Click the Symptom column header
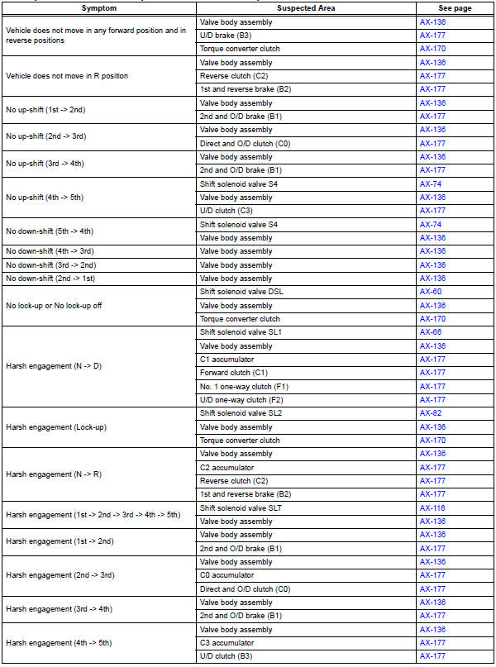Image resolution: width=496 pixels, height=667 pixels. tap(99, 7)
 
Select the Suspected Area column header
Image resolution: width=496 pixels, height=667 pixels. tap(306, 7)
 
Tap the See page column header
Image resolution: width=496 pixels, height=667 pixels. tap(454, 7)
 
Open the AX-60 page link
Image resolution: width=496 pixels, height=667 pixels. tap(432, 292)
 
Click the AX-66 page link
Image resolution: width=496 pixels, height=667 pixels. tap(432, 332)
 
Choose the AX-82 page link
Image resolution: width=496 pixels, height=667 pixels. tap(432, 413)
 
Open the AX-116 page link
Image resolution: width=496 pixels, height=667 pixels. tap(433, 507)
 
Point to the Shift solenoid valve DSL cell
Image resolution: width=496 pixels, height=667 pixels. tap(241, 292)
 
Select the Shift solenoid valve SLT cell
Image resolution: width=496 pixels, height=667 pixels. tap(241, 507)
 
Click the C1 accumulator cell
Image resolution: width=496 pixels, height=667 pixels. tap(227, 360)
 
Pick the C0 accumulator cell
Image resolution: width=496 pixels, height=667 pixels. tap(227, 575)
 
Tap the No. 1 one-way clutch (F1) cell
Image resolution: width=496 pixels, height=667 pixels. tap(243, 386)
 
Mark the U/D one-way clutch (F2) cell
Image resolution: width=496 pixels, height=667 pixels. tap(243, 400)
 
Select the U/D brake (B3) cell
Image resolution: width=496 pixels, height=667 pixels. tap(227, 36)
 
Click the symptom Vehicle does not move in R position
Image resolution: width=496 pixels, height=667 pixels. tap(66, 76)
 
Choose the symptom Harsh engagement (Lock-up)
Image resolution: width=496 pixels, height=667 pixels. tap(56, 426)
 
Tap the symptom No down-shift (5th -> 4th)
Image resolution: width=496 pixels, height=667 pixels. tap(50, 231)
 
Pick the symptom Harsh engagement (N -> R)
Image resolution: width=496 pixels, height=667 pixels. tap(50, 474)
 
